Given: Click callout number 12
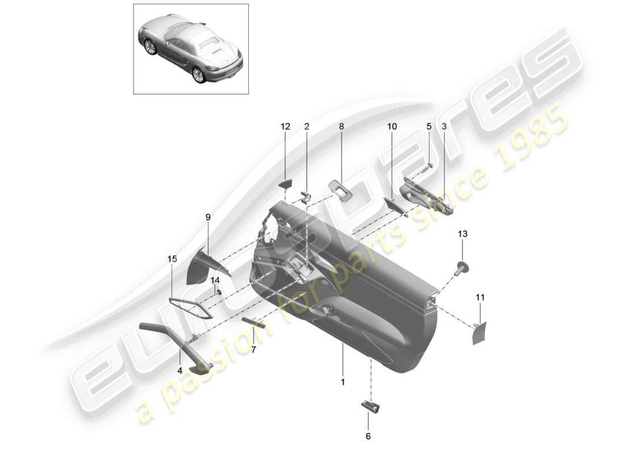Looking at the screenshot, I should click(285, 126).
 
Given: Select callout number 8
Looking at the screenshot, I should click(341, 126).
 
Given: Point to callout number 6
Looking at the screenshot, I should click(368, 436).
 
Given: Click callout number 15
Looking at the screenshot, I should click(172, 259).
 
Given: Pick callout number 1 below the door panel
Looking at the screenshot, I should click(343, 382).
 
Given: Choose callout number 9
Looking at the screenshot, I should click(208, 217).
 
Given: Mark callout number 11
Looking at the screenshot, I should click(480, 297).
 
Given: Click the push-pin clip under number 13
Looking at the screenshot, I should click(463, 267).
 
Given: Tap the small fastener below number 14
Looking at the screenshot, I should click(218, 292).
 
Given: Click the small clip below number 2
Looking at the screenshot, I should click(306, 196).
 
